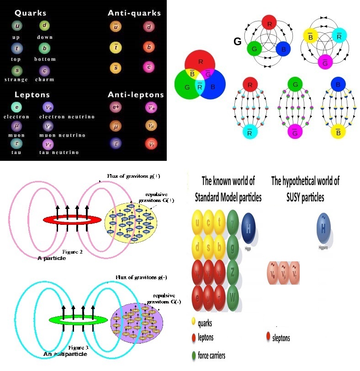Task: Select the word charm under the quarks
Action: (44, 79)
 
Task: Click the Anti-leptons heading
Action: (135, 95)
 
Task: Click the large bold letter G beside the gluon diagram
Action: (237, 42)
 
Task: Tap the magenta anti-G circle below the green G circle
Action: (295, 132)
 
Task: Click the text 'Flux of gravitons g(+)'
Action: (133, 176)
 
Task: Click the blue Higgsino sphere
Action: (324, 227)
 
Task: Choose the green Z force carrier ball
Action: (233, 272)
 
